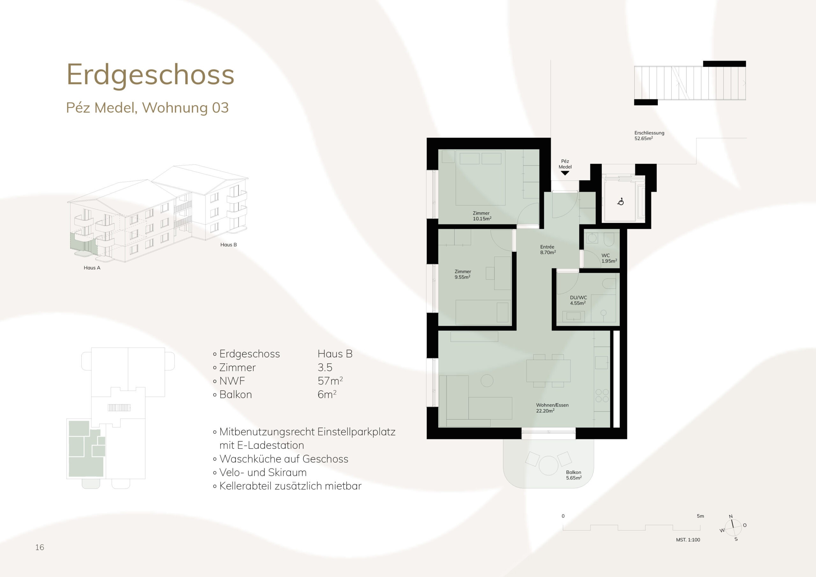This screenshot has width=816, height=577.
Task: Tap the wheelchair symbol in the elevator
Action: [x=621, y=201]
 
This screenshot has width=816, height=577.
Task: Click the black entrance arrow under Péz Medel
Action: [x=565, y=173]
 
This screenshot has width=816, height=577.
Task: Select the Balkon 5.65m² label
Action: [x=574, y=475]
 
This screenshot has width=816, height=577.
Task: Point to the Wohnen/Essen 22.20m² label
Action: [x=552, y=408]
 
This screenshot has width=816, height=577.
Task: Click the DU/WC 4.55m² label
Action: [x=578, y=300]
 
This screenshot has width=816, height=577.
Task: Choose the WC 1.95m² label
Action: [x=609, y=258]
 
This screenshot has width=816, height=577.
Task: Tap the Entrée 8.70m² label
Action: [x=548, y=250]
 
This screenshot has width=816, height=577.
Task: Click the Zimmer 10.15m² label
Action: [x=482, y=216]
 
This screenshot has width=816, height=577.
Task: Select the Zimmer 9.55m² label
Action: [x=463, y=274]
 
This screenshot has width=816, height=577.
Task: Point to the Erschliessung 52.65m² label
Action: [x=649, y=135]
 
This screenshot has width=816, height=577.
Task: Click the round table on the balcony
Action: [x=548, y=465]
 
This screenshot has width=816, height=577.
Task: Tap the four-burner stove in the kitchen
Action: [x=602, y=396]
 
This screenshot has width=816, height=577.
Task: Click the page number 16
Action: [x=40, y=547]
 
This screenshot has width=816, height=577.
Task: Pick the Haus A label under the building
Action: [x=92, y=268]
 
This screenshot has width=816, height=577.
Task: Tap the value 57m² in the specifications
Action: [x=330, y=381]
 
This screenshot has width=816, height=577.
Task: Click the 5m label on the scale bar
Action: [x=700, y=516]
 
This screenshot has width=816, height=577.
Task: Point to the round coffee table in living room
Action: [x=487, y=381]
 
